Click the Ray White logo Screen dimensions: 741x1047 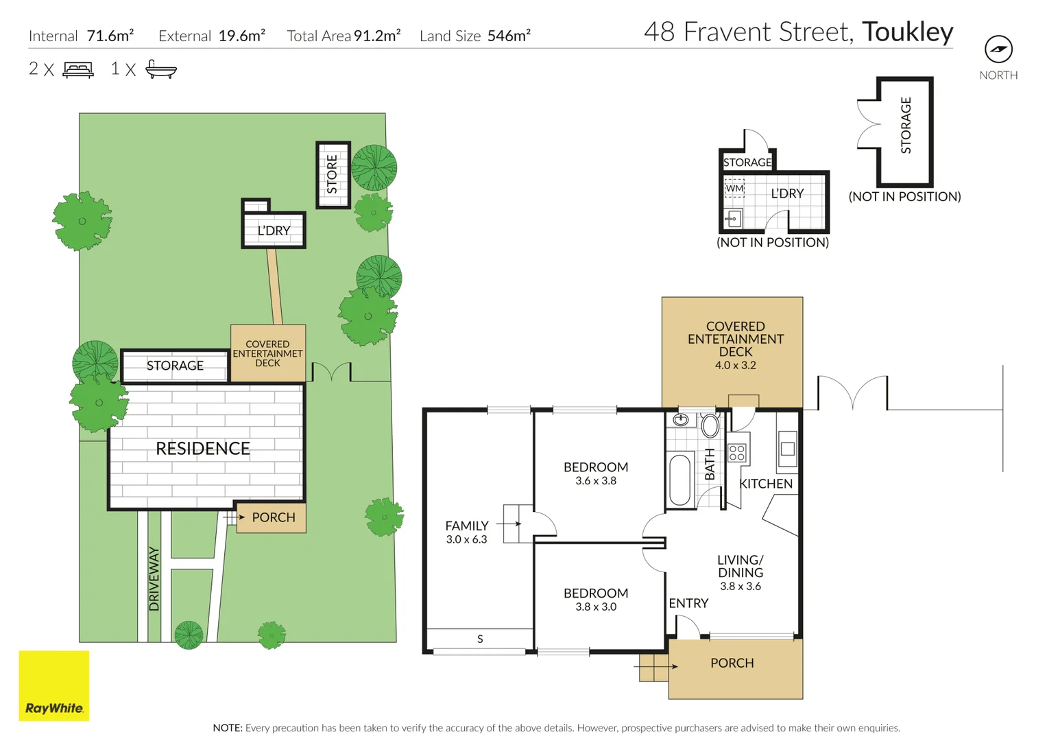point(53,685)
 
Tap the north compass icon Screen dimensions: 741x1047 point(998,49)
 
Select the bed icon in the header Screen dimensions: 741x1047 point(78,69)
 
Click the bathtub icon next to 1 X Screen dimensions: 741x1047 point(161,69)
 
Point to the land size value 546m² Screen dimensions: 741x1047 point(509,36)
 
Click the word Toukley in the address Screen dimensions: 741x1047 point(907,32)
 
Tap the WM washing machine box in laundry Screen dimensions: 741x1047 point(734,188)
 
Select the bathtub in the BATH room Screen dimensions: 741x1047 point(680,480)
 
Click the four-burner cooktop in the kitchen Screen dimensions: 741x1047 point(737,453)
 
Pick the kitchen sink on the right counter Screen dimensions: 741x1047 point(787,449)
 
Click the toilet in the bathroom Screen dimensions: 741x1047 point(710,425)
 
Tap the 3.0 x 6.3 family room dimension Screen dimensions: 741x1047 point(466,539)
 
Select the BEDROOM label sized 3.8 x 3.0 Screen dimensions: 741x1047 point(595,593)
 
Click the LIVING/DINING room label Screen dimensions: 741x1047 point(740,566)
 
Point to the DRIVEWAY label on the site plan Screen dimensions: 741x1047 point(154,578)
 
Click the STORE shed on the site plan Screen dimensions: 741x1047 point(333,174)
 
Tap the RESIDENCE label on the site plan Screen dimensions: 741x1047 point(203,449)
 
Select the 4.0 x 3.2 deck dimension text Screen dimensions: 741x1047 point(735,365)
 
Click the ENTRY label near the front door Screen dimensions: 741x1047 point(688,603)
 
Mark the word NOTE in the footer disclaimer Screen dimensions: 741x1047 point(227,728)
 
